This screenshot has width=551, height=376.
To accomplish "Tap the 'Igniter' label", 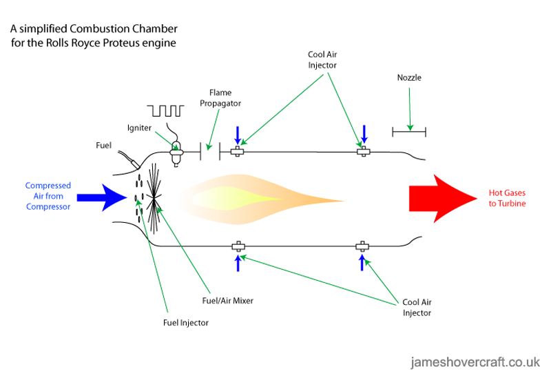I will [139, 128].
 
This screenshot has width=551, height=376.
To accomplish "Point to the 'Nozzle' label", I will [409, 78].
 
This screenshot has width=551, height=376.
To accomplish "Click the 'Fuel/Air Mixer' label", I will [227, 301].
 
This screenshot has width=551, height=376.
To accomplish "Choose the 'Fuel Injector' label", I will [185, 322].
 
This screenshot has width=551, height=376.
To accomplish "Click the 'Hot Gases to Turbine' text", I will [508, 198].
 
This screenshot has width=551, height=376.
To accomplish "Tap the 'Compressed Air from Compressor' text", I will [48, 197].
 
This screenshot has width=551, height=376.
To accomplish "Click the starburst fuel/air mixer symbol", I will [154, 197].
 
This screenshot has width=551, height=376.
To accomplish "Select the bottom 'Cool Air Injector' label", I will [417, 307].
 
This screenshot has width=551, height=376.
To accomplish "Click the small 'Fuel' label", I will [103, 146].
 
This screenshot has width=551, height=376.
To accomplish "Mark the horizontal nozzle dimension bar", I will [409, 130].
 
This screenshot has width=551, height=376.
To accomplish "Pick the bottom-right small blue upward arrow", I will [362, 262].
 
